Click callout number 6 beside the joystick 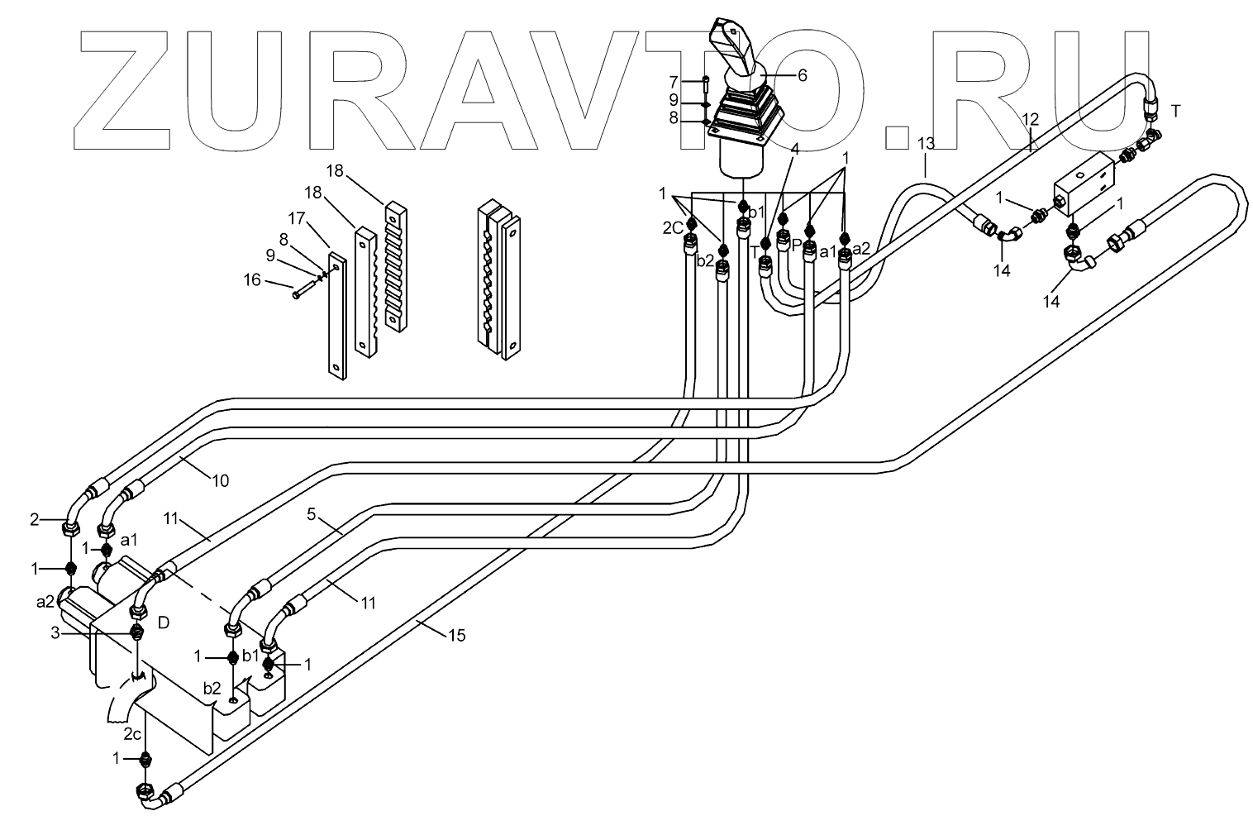pos(802,75)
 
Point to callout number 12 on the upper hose pos(1030,120)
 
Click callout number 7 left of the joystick pos(674,82)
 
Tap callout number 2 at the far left pos(34,519)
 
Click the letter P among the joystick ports pos(796,246)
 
